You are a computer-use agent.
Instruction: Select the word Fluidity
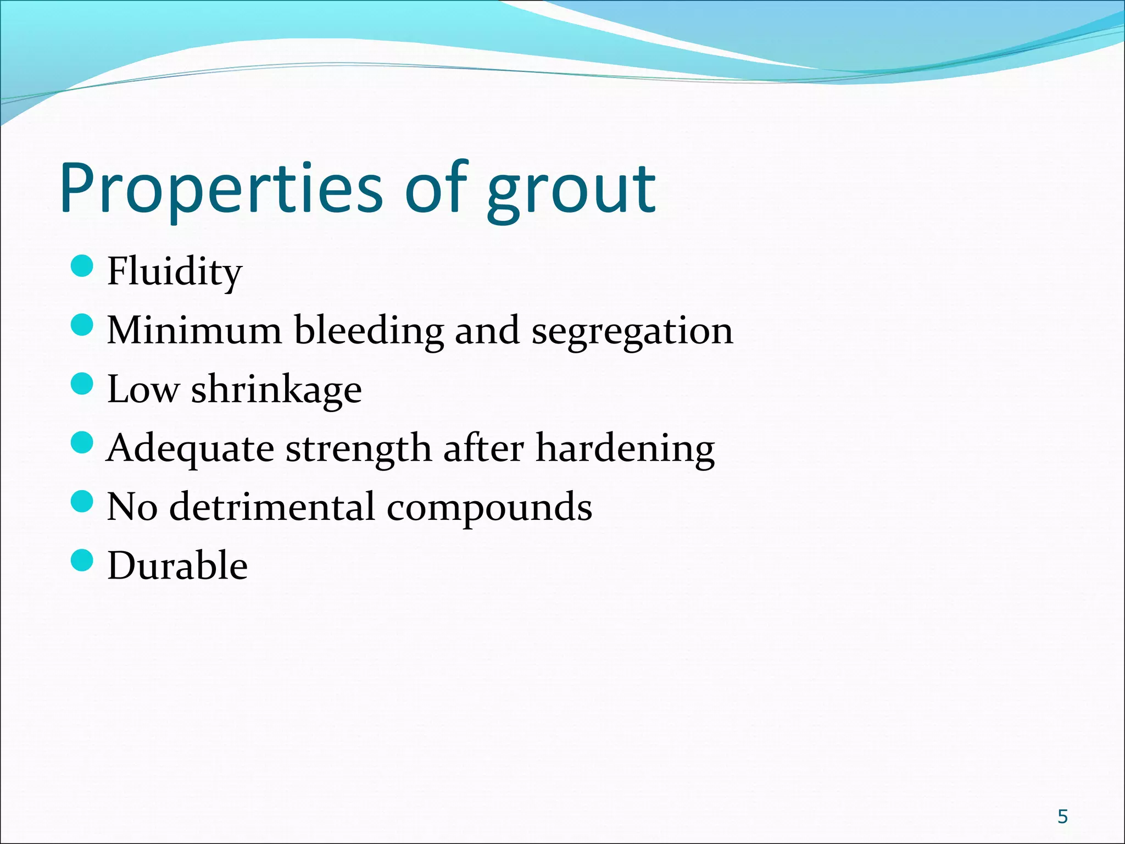[x=174, y=271]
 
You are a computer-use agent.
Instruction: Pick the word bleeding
[x=369, y=330]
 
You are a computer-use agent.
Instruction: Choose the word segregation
[x=632, y=331]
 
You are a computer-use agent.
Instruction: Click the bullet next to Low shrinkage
[x=82, y=384]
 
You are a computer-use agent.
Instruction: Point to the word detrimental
[x=271, y=507]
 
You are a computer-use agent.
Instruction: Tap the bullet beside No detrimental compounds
[x=82, y=501]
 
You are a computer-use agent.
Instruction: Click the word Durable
[x=177, y=565]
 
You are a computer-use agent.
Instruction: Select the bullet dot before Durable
[x=82, y=560]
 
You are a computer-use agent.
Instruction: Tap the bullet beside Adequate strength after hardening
[x=82, y=442]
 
